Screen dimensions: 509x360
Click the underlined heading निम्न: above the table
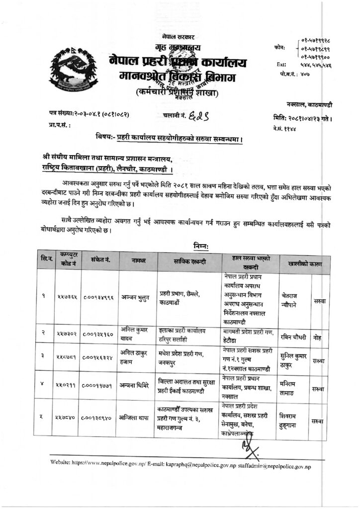click(x=201, y=246)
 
